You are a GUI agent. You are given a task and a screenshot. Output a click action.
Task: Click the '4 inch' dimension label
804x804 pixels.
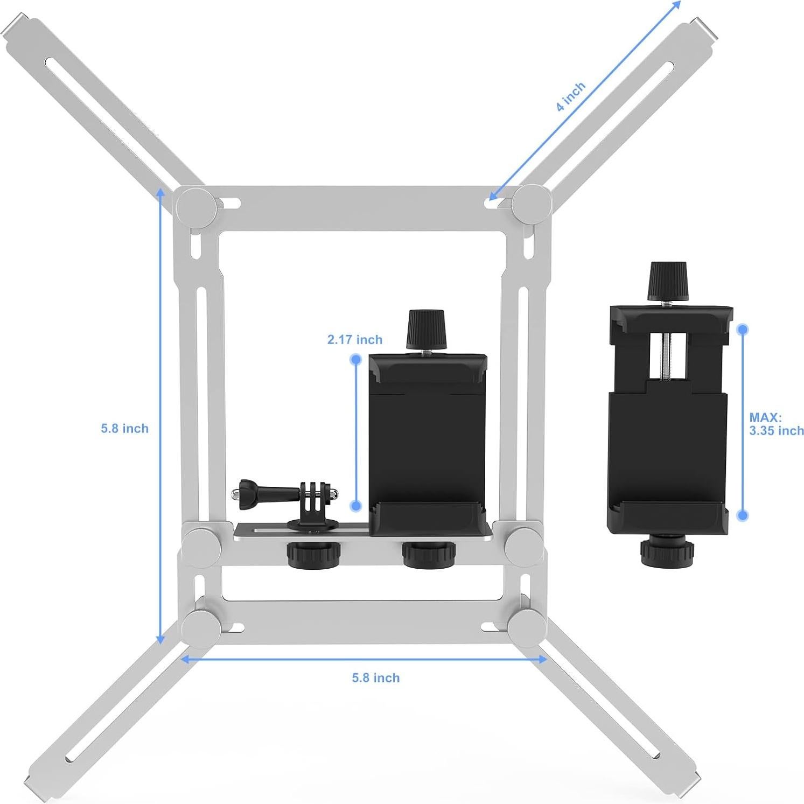click(x=570, y=97)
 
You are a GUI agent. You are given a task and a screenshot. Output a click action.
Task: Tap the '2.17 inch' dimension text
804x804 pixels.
click(x=355, y=339)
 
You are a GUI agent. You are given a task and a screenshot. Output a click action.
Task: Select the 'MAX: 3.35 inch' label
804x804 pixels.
click(x=775, y=424)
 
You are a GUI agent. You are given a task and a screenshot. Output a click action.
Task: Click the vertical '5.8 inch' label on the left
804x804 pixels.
click(x=124, y=428)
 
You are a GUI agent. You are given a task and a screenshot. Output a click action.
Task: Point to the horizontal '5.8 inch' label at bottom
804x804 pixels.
click(x=376, y=677)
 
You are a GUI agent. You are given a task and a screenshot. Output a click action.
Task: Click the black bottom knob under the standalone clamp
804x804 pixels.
click(x=667, y=550)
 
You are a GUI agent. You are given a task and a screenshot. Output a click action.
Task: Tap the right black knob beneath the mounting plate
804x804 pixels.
click(x=429, y=554)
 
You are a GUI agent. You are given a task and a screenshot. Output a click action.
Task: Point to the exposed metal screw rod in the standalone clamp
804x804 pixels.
click(x=667, y=355)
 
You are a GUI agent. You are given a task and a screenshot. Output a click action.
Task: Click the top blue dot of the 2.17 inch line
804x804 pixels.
click(x=355, y=359)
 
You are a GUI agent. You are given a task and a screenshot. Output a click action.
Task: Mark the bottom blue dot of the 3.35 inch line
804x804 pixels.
click(x=743, y=515)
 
